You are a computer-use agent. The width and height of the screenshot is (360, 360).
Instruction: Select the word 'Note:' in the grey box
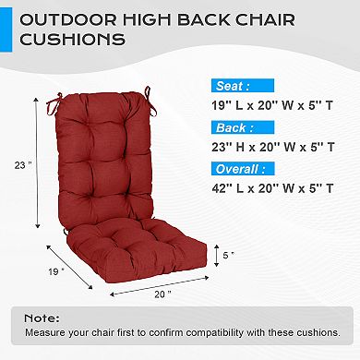41,317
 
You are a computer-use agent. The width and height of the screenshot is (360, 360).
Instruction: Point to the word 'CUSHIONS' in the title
87,40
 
